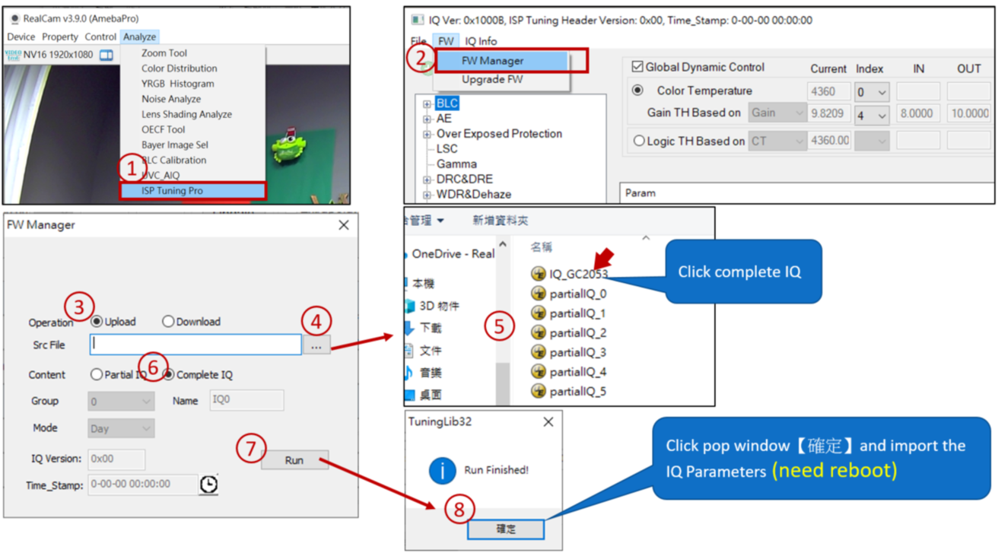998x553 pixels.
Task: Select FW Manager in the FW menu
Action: coord(492,61)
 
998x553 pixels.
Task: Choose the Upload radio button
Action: coord(97,322)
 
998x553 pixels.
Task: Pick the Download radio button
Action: coord(168,322)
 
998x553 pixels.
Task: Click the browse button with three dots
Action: coord(316,346)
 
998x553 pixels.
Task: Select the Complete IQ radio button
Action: coord(169,375)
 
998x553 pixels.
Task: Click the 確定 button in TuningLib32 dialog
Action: coord(506,529)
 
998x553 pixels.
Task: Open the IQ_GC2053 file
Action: coord(578,274)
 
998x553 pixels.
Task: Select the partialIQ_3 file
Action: coord(577,352)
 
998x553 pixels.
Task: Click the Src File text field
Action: coord(195,345)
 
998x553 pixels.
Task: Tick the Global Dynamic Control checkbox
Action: coord(637,67)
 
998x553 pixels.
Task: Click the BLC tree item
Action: coord(447,103)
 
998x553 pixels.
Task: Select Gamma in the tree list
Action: coord(456,164)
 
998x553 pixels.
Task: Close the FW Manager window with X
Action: coord(344,225)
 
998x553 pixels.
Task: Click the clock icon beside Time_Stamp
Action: coord(209,485)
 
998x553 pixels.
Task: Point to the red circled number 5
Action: coord(499,327)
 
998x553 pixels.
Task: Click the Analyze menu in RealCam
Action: coord(139,37)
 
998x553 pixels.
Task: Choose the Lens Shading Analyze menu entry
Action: coord(186,114)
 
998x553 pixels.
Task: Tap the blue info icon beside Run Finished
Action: coord(442,471)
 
